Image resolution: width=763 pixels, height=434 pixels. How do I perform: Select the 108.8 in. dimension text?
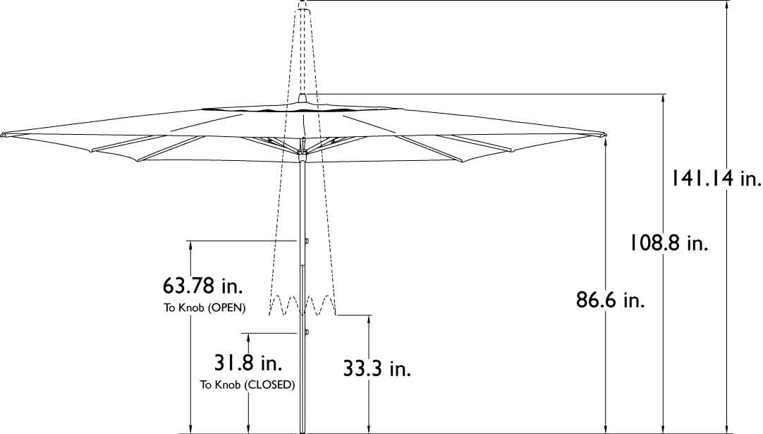coord(669,243)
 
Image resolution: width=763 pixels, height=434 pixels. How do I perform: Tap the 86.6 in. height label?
coord(611,301)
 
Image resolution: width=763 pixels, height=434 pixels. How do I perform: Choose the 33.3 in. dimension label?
coord(377,368)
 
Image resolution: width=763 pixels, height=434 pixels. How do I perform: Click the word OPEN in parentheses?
coord(226,308)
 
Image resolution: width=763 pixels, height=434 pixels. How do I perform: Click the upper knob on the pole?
coord(307,241)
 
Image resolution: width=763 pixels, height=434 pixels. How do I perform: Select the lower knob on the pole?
coord(307,331)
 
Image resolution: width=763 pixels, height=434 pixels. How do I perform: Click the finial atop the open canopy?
coord(303,97)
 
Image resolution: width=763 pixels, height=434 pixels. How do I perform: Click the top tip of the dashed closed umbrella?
coord(303,4)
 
